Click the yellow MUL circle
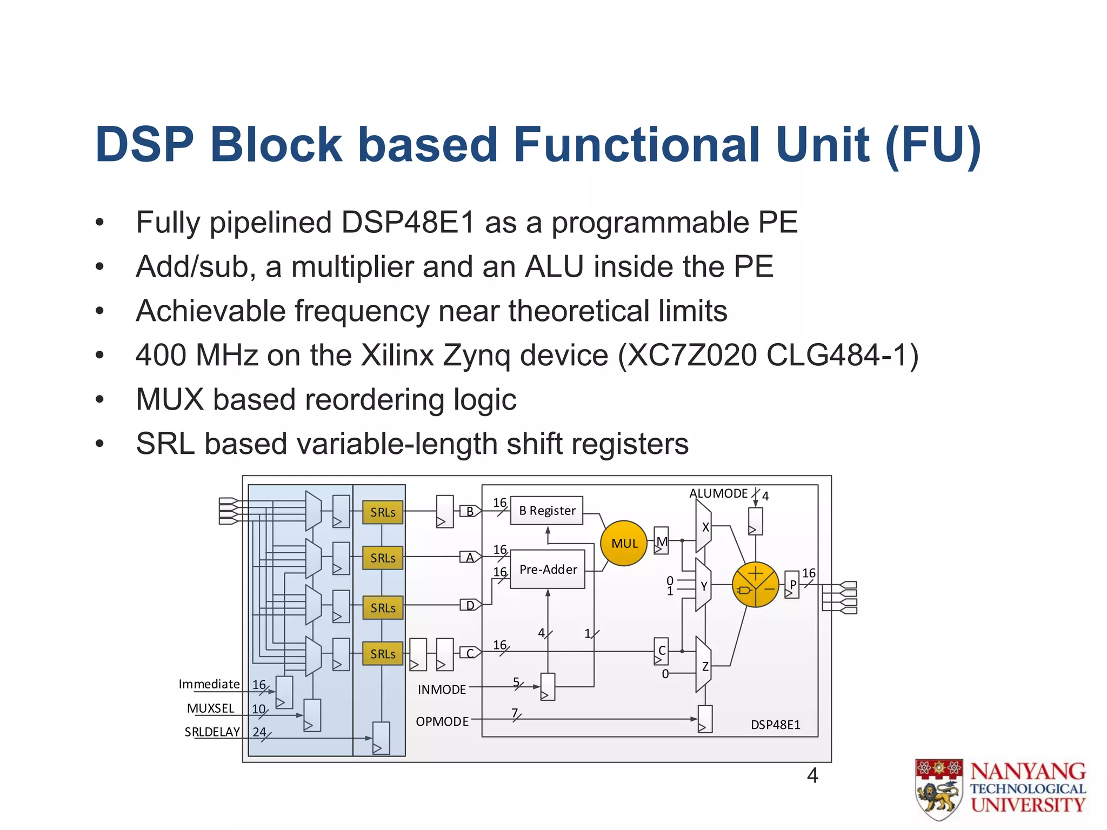tap(624, 543)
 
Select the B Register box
tap(546, 511)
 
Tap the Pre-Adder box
tap(548, 569)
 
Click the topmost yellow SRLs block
tap(383, 512)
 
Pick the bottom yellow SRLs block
tap(383, 654)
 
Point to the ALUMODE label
tap(718, 493)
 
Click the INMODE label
tap(442, 690)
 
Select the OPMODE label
tap(442, 721)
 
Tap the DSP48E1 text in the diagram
tap(775, 725)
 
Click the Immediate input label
tap(209, 684)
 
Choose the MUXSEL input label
tap(211, 708)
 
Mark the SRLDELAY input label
tap(212, 732)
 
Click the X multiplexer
tap(703, 526)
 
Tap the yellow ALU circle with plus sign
tap(755, 585)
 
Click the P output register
tap(792, 585)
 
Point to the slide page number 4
tap(812, 776)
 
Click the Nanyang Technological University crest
tap(939, 788)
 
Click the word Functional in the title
tap(637, 145)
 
